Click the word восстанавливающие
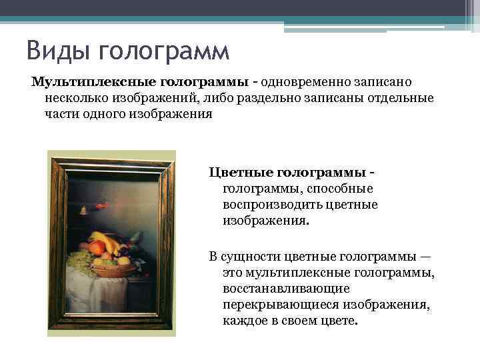(286, 289)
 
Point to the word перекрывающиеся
(278, 305)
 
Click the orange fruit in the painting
(97, 249)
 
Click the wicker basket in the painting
(113, 269)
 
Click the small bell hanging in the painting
(83, 210)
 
